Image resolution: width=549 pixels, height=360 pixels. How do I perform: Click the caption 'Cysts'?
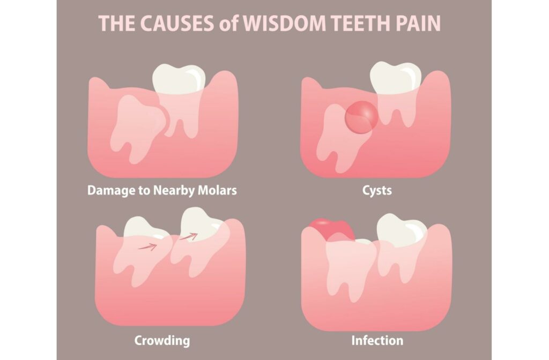376,190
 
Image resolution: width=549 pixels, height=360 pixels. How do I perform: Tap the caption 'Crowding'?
162,341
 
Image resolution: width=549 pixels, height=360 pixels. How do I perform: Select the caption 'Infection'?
377,341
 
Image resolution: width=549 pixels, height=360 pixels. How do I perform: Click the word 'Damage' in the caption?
110,190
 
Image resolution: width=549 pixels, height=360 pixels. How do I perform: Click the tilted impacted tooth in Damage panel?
137,122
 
